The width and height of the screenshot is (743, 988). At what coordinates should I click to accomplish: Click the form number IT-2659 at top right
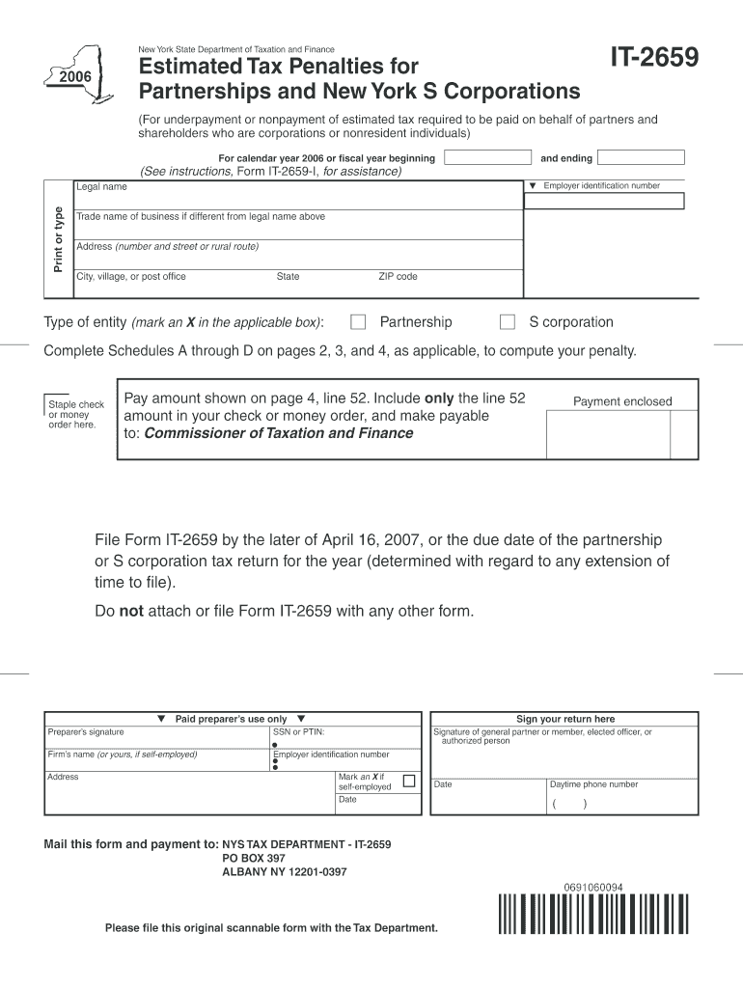(x=652, y=60)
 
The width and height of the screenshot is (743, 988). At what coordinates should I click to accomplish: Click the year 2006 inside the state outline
(x=74, y=77)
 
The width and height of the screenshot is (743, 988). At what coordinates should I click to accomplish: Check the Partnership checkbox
(x=358, y=322)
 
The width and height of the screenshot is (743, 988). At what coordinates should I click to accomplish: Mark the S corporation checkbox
(x=507, y=322)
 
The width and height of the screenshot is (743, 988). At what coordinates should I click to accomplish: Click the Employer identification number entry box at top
(x=604, y=202)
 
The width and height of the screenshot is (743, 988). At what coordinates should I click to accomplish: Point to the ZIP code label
(x=398, y=277)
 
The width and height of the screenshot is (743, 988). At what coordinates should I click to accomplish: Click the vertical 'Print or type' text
(x=58, y=238)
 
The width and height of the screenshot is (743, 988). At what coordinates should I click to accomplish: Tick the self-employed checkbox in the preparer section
(x=409, y=781)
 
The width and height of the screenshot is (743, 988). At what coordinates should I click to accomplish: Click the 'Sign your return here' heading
(x=565, y=719)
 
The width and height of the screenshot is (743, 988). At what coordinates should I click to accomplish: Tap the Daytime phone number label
(x=593, y=784)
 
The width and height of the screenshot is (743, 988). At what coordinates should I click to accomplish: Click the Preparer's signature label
(x=86, y=732)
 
